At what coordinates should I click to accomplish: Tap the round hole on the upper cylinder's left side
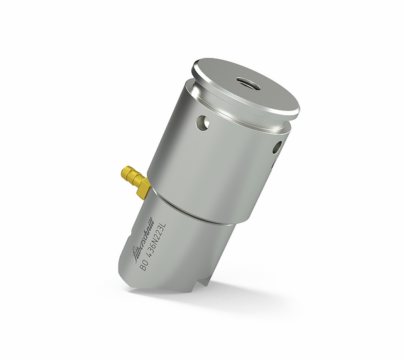(201, 122)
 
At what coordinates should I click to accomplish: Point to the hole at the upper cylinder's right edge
(275, 148)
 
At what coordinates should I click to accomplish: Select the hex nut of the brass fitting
(143, 189)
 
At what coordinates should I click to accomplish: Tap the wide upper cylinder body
(215, 161)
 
